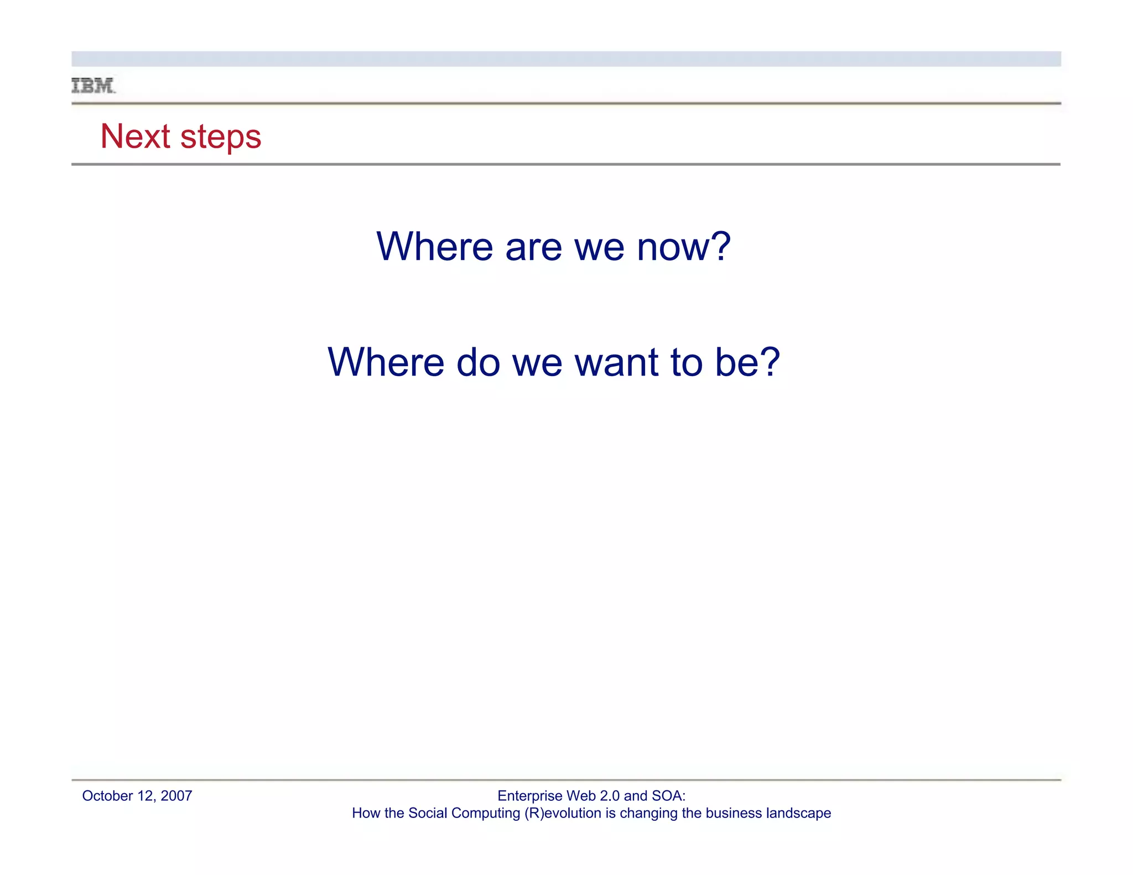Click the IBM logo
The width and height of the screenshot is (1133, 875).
93,86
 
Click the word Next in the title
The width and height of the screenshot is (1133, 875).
135,136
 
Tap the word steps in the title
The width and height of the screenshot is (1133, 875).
221,137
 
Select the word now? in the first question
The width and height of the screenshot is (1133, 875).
684,247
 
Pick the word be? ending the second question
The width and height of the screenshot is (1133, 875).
747,362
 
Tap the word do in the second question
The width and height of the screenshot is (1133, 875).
477,362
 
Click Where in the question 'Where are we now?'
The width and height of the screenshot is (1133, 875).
434,247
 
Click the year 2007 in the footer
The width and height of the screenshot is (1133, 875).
176,796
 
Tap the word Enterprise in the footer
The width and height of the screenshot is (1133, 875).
529,796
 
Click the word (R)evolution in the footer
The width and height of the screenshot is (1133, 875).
562,813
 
